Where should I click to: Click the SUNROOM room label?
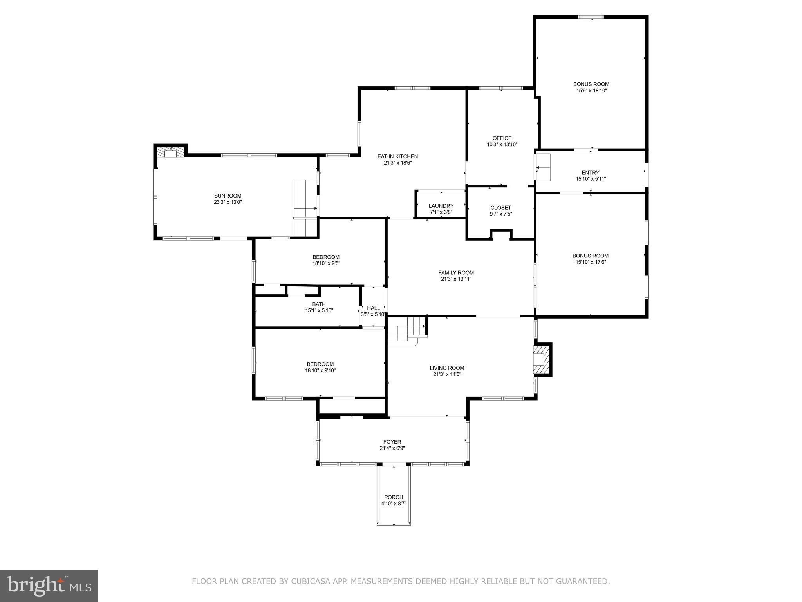(x=228, y=196)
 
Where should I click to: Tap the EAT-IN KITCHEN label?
(x=397, y=156)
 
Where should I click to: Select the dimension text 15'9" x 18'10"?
(x=591, y=91)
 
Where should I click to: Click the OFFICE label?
(x=502, y=138)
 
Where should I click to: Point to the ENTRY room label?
(x=590, y=172)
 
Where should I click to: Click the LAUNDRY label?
(x=441, y=206)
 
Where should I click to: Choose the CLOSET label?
(x=500, y=208)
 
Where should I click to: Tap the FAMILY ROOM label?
(x=456, y=273)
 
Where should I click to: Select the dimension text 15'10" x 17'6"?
(x=591, y=262)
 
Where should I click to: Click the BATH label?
(x=319, y=304)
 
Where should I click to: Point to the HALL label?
(x=373, y=308)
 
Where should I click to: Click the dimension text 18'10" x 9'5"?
(x=326, y=263)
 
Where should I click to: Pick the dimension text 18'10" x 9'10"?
(x=320, y=370)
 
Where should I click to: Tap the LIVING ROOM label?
(x=447, y=368)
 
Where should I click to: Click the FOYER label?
(x=392, y=442)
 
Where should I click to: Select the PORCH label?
(x=394, y=497)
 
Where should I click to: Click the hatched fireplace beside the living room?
(x=542, y=359)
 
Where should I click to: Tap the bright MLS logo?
(x=49, y=586)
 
